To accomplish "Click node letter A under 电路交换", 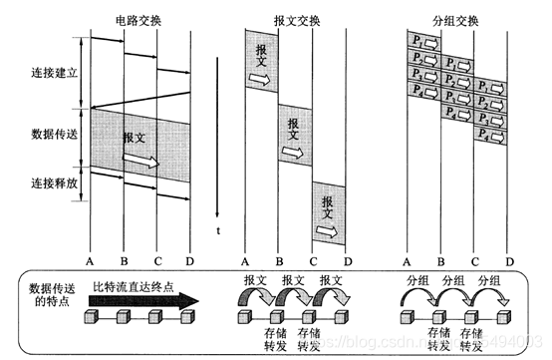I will click(x=90, y=261).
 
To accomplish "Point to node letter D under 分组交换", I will click(x=509, y=261).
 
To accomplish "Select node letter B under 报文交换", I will click(x=279, y=261).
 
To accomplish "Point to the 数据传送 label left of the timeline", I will click(x=52, y=133).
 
